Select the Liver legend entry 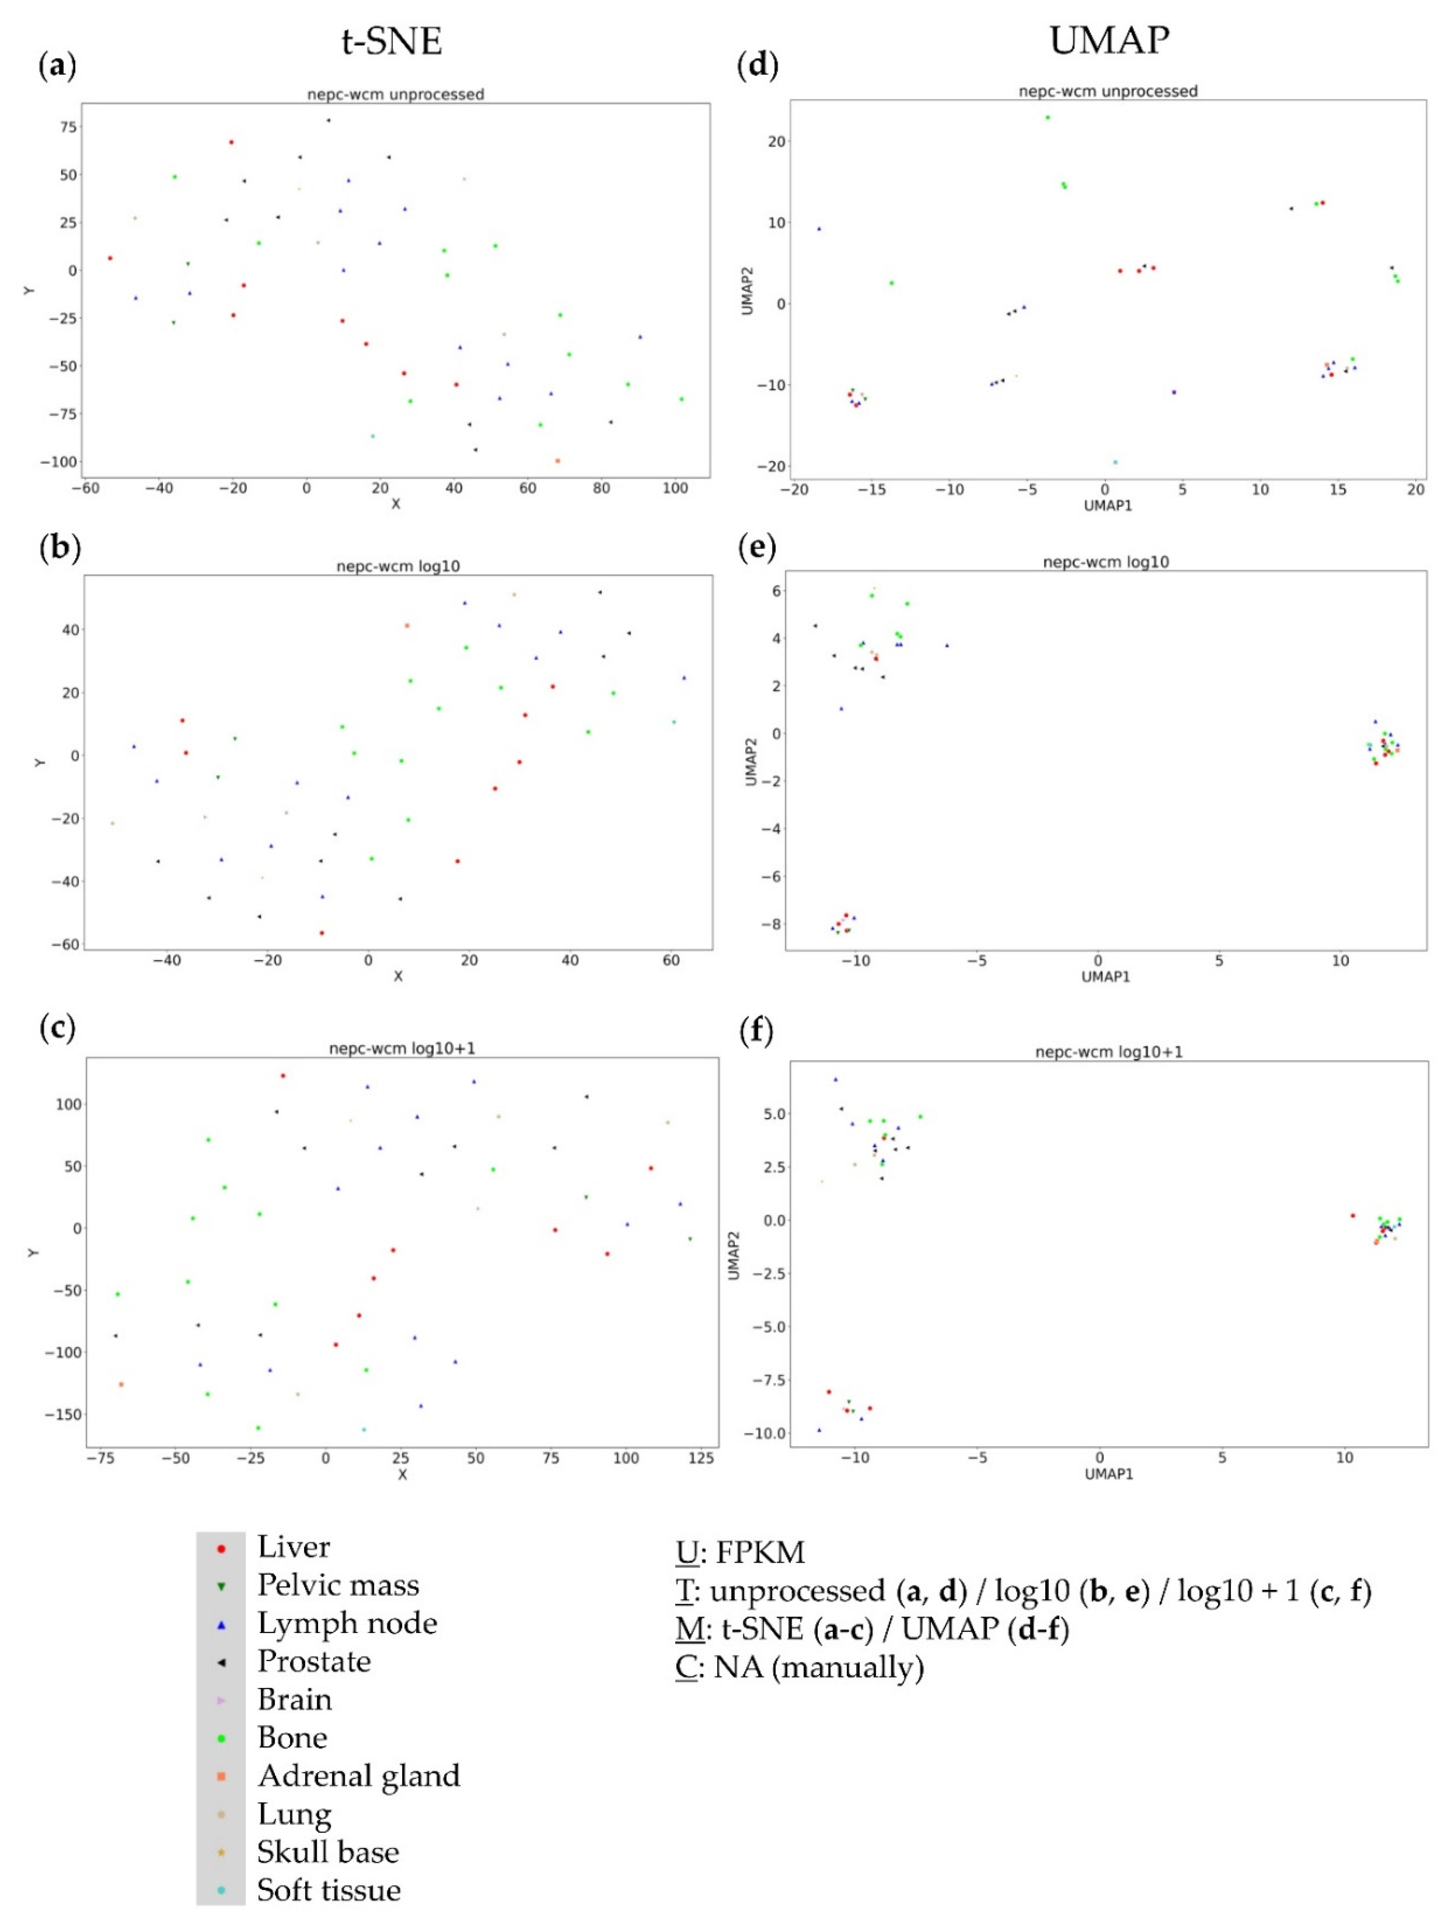(293, 1547)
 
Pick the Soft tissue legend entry (328, 1890)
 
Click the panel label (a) (57, 65)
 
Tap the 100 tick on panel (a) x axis (675, 488)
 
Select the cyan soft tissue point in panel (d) (1115, 462)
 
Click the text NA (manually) (818, 1667)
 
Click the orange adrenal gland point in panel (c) (121, 1384)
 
